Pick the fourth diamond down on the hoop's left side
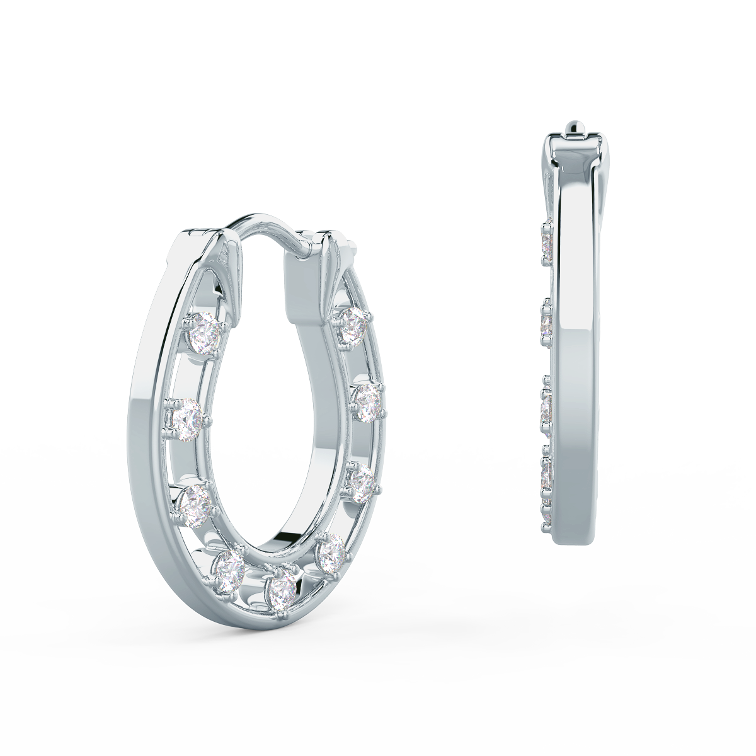[229, 569]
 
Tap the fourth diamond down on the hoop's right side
[331, 551]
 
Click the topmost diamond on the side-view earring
[547, 243]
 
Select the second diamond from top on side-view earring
[547, 322]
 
